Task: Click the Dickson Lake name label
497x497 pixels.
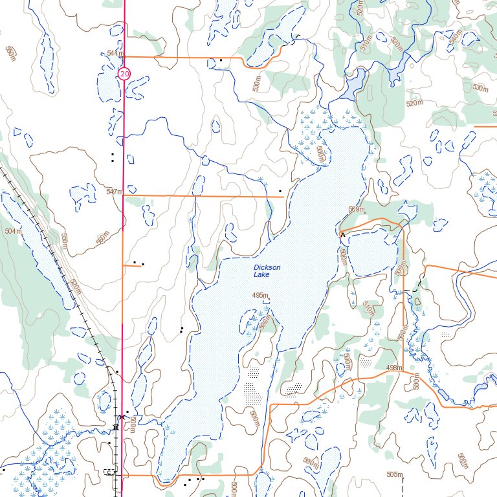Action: click(267, 271)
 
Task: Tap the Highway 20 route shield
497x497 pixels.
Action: click(124, 75)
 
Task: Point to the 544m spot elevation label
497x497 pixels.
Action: click(115, 53)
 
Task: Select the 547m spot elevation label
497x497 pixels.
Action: click(114, 192)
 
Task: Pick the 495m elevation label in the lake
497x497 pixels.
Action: click(260, 295)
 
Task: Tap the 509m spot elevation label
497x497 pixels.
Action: click(357, 210)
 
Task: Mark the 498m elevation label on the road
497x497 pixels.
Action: click(393, 368)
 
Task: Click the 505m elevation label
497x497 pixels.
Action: click(394, 475)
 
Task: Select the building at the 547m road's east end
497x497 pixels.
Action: click(280, 192)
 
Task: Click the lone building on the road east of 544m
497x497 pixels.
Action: click(221, 60)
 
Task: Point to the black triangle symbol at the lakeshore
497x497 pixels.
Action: click(342, 234)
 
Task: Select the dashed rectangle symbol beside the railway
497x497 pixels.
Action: click(109, 472)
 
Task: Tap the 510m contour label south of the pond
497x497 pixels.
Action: click(369, 309)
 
